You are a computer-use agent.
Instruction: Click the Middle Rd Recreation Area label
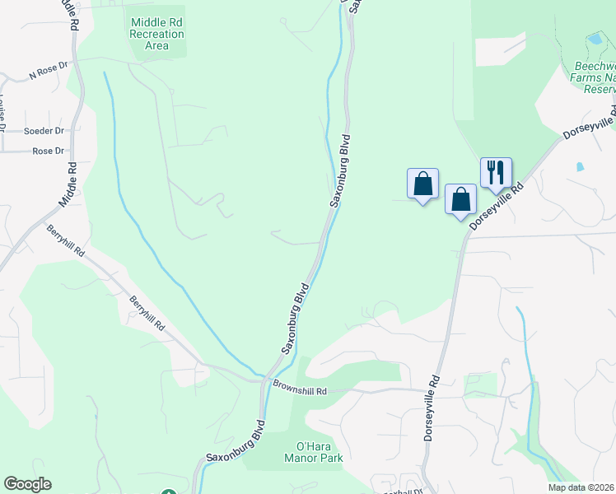tap(156, 35)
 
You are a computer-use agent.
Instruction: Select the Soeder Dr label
tap(44, 131)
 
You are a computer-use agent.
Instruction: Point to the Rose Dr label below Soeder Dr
tap(48, 151)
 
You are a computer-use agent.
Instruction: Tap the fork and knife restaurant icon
tap(496, 173)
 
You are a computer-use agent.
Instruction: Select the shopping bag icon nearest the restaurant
tap(460, 199)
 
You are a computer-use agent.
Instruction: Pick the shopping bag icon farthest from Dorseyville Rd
tap(422, 184)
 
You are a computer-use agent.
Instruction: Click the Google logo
tap(27, 484)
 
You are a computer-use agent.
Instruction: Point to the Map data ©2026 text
tap(581, 487)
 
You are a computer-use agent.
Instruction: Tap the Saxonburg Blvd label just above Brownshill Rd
tap(294, 319)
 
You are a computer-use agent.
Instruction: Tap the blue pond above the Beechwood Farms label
tap(595, 39)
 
